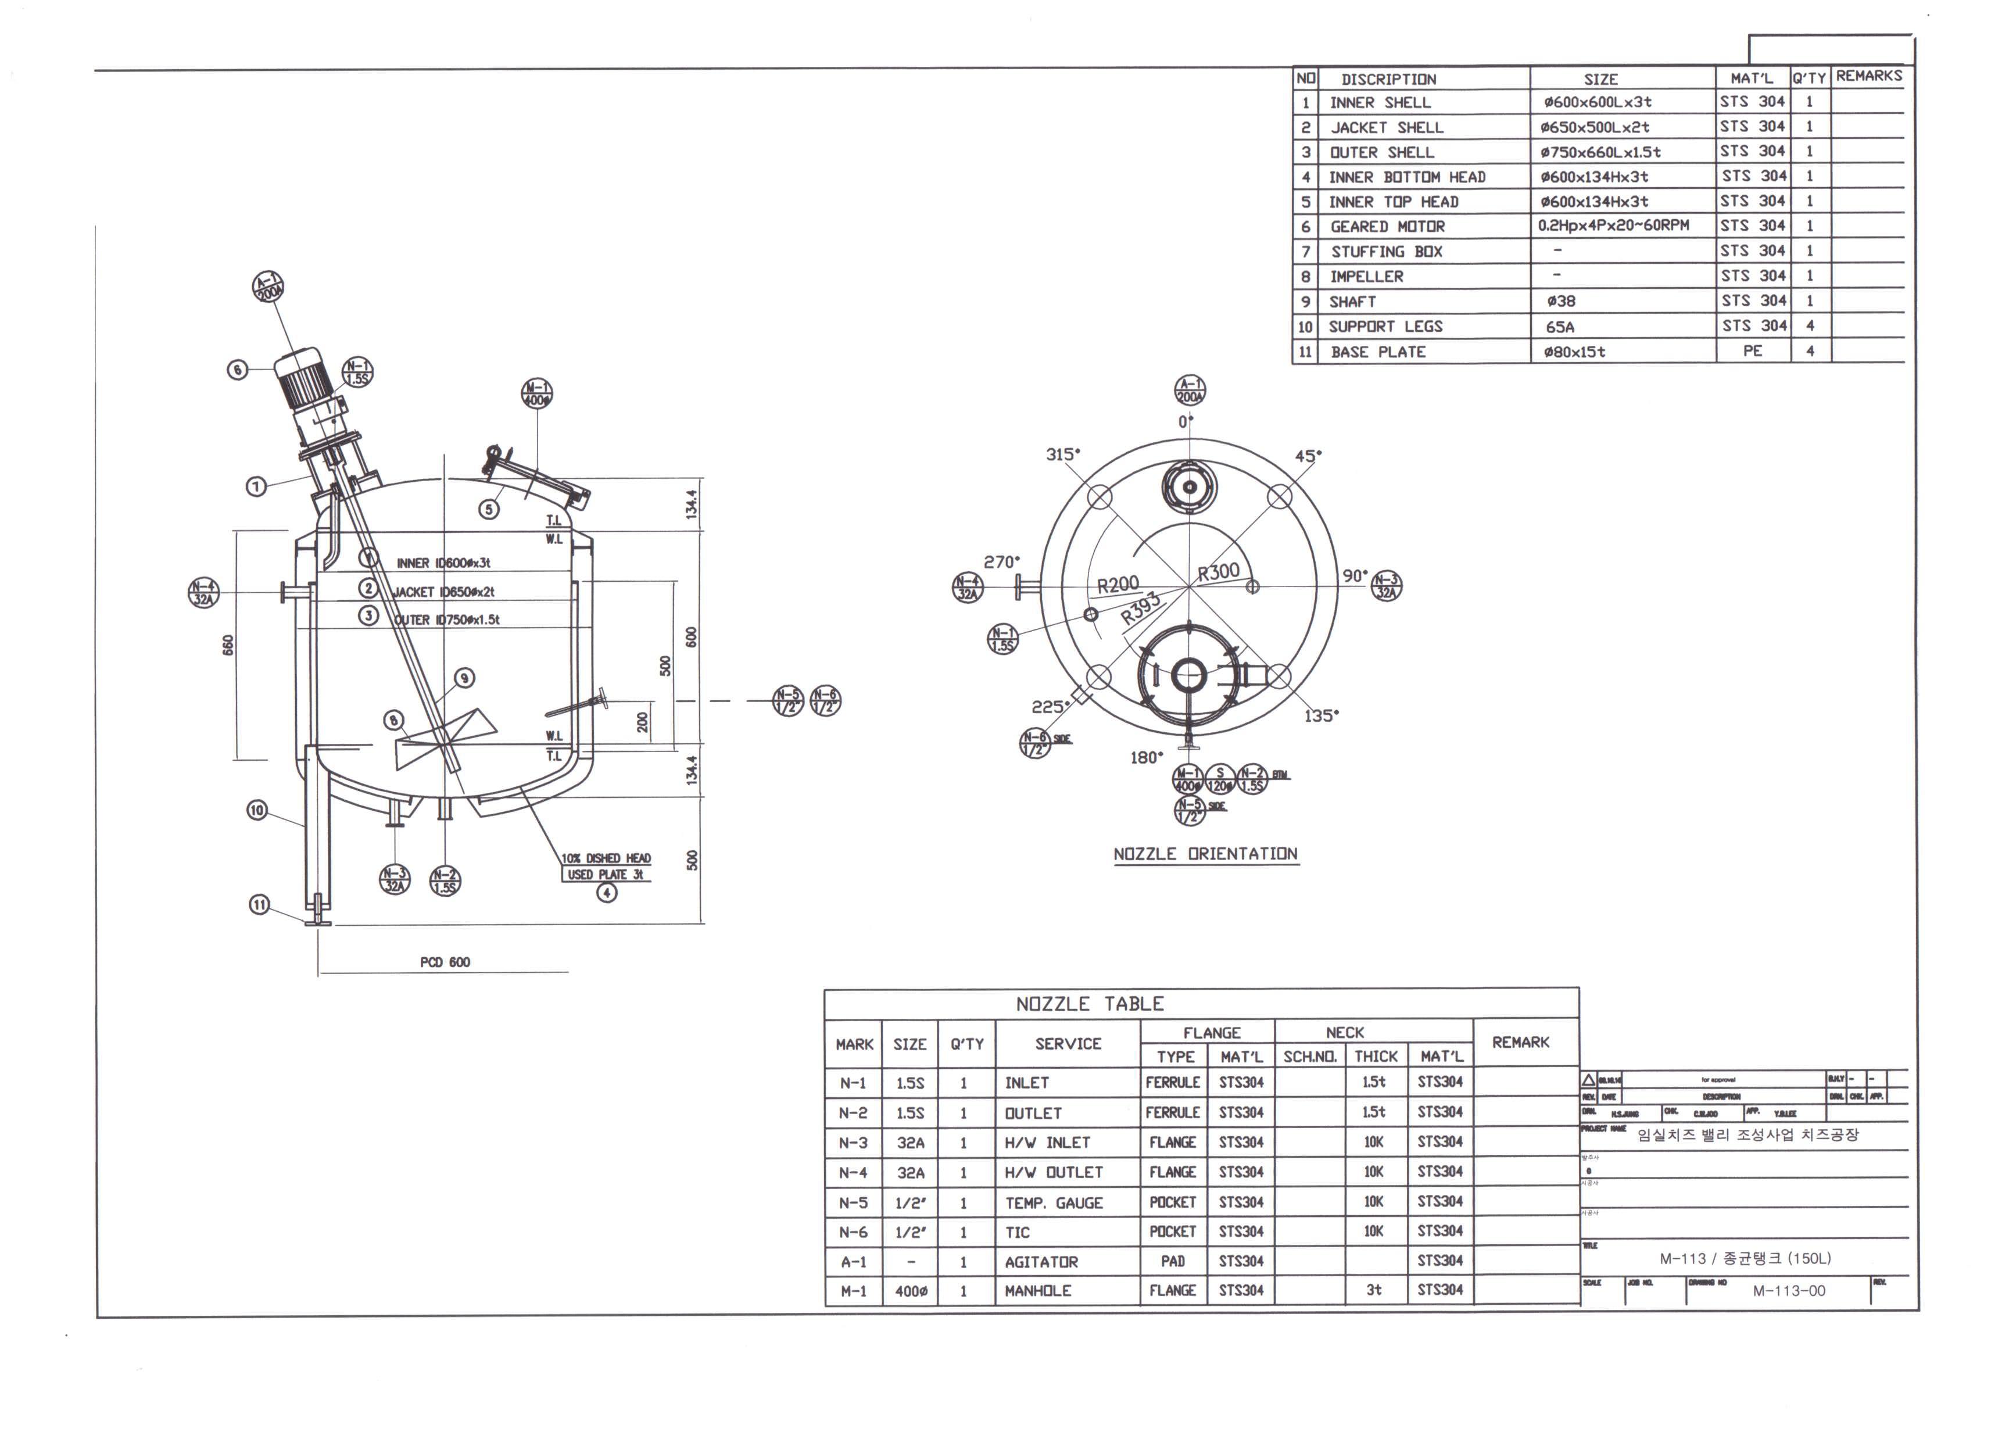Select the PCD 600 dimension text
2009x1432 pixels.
[x=445, y=962]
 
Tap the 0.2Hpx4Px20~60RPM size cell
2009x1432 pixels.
[x=1613, y=225]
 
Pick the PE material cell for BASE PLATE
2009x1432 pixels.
[x=1753, y=351]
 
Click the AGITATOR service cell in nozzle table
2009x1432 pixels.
[x=1041, y=1262]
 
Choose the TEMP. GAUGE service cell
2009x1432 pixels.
[x=1054, y=1203]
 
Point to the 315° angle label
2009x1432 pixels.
[x=1062, y=454]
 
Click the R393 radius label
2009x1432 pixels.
[x=1141, y=608]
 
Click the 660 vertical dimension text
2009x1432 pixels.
[x=228, y=646]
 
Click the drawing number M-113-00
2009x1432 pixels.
[x=1789, y=1291]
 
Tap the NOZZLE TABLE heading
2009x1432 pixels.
[x=1090, y=1004]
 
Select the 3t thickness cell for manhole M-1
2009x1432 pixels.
[x=1373, y=1290]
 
